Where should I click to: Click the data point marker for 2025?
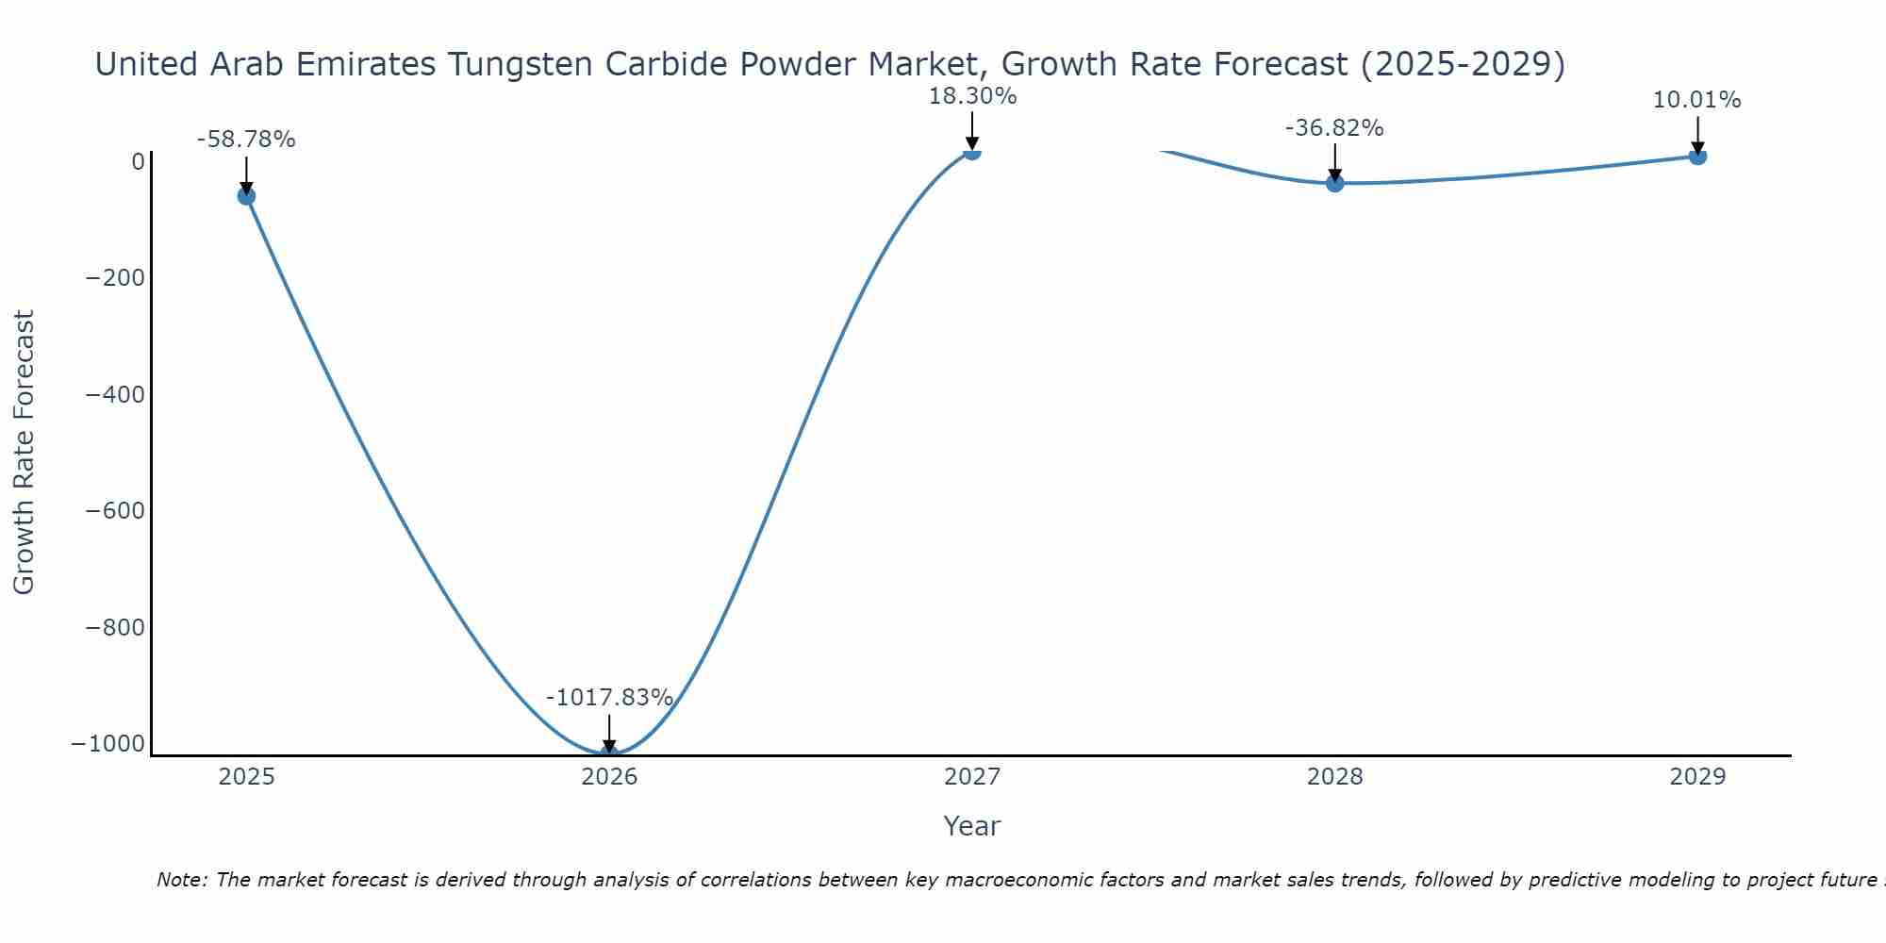coord(246,196)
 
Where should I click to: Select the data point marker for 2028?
coord(1334,183)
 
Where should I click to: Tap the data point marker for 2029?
coord(1697,156)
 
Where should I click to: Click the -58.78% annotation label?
coord(246,140)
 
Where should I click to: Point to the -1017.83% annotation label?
coord(609,698)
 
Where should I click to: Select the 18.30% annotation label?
coord(972,96)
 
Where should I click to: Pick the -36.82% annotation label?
coord(1334,128)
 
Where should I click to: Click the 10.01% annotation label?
coord(1696,100)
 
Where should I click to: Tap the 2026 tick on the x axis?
coord(609,777)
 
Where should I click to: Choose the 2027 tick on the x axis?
coord(972,777)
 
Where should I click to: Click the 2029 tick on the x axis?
coord(1697,777)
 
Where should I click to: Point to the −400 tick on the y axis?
coord(115,394)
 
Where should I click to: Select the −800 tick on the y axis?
coord(115,627)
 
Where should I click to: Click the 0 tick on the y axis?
coord(139,162)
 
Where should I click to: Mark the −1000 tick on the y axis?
coord(108,743)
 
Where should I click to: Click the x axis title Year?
coord(971,826)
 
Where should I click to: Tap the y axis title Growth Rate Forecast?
coord(25,453)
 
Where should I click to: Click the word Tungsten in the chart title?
coord(520,64)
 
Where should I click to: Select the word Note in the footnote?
coord(179,880)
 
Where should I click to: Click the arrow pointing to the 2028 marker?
coord(1334,160)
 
